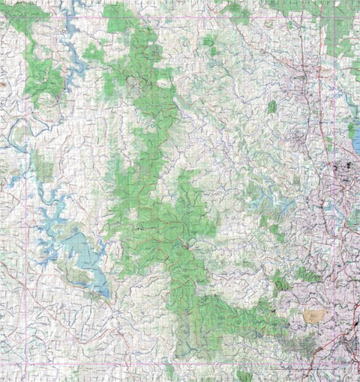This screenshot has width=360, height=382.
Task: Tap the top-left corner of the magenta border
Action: point(28,16)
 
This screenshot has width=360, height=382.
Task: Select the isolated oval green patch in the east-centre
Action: point(271,107)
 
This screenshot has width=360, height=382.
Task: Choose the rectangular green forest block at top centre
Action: point(120,16)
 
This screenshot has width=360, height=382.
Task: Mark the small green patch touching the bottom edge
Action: point(244,375)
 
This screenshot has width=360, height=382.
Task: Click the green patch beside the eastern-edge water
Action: point(349,131)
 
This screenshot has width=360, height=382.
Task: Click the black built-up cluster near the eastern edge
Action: point(346,169)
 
